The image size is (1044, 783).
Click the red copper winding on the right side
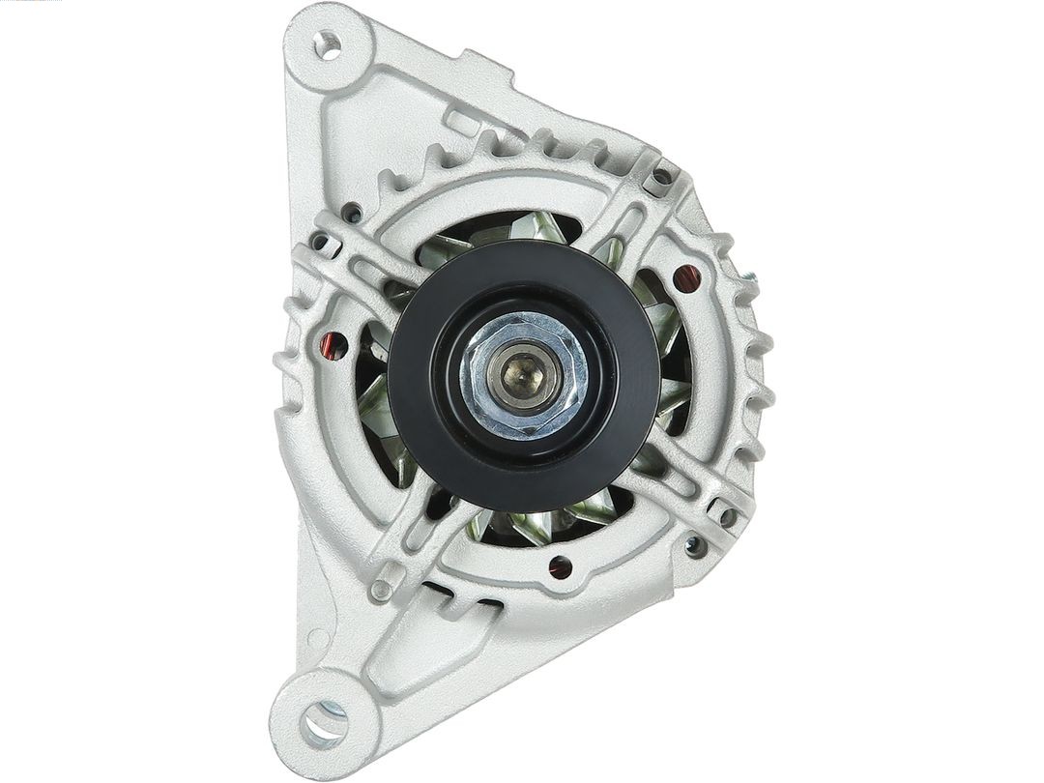click(x=685, y=279)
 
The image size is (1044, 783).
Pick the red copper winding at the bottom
click(x=559, y=567)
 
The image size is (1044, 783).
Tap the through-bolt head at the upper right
click(x=662, y=177)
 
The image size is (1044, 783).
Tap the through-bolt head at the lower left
click(x=383, y=587)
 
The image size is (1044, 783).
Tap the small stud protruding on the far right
click(x=748, y=279)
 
